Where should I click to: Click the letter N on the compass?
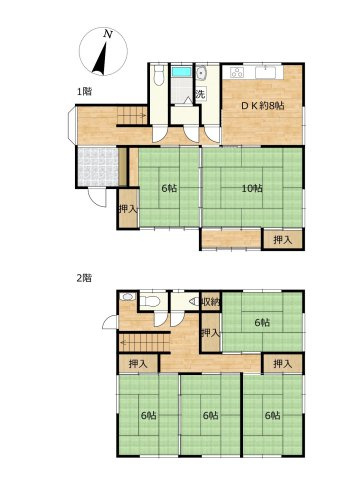point(107,33)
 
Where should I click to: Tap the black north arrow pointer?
point(101,59)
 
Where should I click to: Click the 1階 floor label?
point(85,91)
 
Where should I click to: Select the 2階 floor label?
point(84,278)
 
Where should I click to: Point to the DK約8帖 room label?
point(263,106)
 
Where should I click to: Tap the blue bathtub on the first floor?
point(181,72)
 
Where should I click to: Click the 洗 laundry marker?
point(200,94)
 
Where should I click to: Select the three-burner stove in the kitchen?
point(237,72)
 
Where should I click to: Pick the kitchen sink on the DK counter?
point(266,72)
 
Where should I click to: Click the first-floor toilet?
point(159,76)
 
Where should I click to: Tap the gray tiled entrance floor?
point(98,167)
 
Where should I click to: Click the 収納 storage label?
point(211,302)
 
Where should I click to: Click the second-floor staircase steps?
point(144,342)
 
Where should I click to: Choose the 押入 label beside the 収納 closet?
point(211,333)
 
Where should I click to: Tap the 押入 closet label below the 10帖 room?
point(283,239)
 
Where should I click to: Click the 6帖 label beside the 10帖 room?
point(169,188)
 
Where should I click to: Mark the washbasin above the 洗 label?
point(201,74)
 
